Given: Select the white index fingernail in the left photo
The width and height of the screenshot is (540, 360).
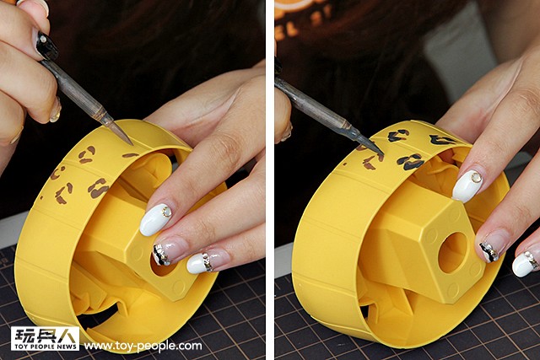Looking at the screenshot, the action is (x=155, y=219).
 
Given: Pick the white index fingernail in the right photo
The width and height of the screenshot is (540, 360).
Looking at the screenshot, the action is (x=467, y=185).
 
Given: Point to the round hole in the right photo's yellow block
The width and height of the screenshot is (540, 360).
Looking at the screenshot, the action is (x=452, y=253).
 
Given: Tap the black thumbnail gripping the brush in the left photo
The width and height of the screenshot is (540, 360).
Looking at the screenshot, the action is (x=46, y=46).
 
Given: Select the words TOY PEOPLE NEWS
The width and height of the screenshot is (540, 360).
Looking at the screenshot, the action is (x=45, y=347).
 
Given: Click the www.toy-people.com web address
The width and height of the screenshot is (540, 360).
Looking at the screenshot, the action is (x=143, y=346).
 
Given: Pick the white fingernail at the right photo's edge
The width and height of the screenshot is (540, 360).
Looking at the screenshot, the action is (x=526, y=263).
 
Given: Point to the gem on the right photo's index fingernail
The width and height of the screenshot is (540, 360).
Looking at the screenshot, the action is (x=476, y=177).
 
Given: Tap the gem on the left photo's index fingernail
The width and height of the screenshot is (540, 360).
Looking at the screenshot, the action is (x=167, y=212).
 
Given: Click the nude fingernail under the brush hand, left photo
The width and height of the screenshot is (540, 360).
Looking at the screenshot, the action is (x=56, y=110).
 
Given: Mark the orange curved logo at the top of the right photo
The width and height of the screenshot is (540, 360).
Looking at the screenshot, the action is (x=299, y=6).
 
